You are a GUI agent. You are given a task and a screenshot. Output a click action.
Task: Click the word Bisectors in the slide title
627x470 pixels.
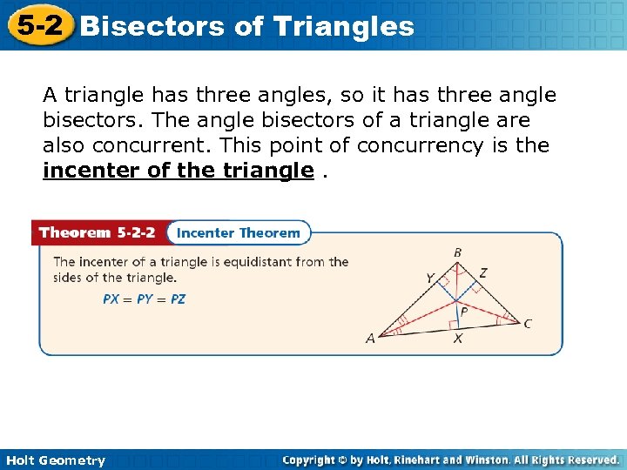[152, 26]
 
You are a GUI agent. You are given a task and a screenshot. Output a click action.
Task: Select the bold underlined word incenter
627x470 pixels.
[92, 171]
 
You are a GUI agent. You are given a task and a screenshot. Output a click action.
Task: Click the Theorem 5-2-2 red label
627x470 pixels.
[98, 232]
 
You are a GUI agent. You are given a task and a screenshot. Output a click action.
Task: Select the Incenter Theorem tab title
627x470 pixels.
[238, 232]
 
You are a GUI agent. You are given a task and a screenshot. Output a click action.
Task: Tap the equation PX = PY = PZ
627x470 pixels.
[144, 299]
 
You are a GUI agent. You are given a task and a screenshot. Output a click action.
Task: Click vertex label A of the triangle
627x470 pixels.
[370, 339]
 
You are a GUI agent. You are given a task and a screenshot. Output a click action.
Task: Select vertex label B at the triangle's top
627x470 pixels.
[457, 252]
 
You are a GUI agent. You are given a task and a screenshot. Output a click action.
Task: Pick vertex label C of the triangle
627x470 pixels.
[528, 324]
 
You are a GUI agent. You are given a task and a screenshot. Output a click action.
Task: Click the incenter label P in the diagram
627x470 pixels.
[464, 310]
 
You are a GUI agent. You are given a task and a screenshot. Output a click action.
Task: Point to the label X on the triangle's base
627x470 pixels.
[457, 339]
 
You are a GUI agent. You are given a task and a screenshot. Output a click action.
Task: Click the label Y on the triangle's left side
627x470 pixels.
[429, 279]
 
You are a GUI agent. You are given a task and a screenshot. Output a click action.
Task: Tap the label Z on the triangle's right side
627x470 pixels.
[483, 273]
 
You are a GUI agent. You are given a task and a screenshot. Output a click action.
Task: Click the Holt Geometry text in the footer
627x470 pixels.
[55, 460]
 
